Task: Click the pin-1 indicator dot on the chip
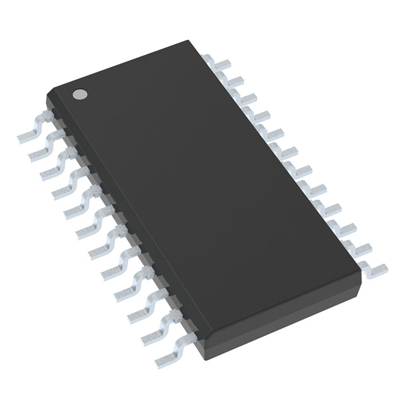click(x=80, y=94)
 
